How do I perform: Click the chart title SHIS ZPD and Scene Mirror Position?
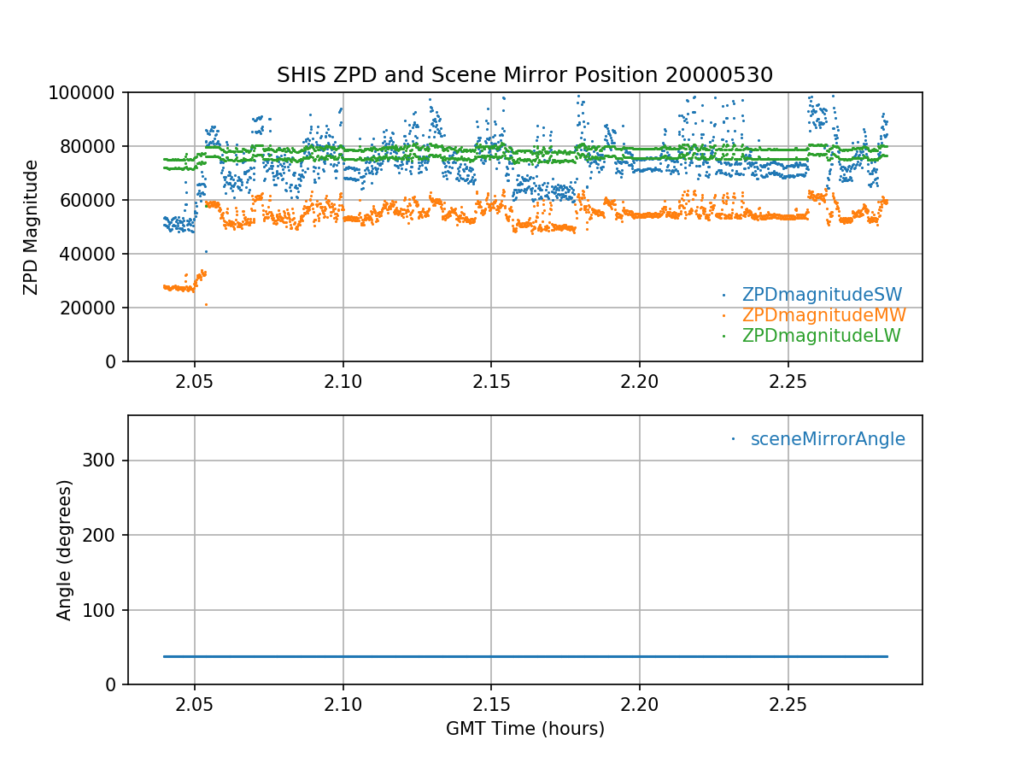coord(524,75)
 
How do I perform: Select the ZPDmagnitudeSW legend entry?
coord(822,295)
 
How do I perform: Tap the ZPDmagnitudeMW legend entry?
coord(823,315)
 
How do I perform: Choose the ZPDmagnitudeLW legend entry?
coord(821,336)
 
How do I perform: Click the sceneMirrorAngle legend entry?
coord(827,439)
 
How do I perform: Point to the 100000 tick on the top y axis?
coord(89,92)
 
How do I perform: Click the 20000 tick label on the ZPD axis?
coord(94,308)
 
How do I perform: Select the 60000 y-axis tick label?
coord(94,200)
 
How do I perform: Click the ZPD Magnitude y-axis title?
coord(32,227)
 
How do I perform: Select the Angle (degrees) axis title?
coord(65,549)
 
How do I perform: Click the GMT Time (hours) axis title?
coord(524,729)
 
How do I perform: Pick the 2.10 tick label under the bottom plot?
coord(343,703)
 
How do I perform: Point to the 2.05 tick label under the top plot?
coord(195,380)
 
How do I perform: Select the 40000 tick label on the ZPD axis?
coord(94,254)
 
